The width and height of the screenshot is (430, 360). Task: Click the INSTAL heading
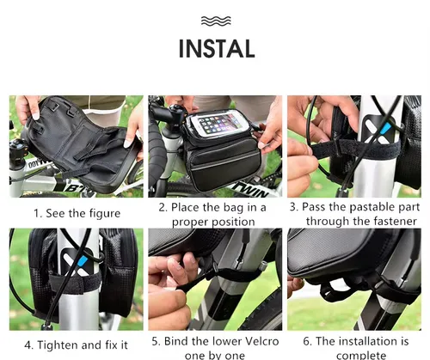tap(217, 49)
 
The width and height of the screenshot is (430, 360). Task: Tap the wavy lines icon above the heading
tap(216, 21)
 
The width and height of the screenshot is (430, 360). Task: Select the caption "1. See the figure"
tap(77, 213)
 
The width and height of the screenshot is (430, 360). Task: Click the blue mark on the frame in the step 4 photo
tap(83, 261)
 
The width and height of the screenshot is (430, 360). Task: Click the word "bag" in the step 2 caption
tap(234, 208)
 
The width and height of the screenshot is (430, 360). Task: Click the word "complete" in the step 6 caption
tap(361, 356)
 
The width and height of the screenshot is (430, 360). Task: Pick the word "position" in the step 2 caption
tap(233, 223)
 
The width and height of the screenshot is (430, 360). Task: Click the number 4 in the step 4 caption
tap(28, 345)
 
